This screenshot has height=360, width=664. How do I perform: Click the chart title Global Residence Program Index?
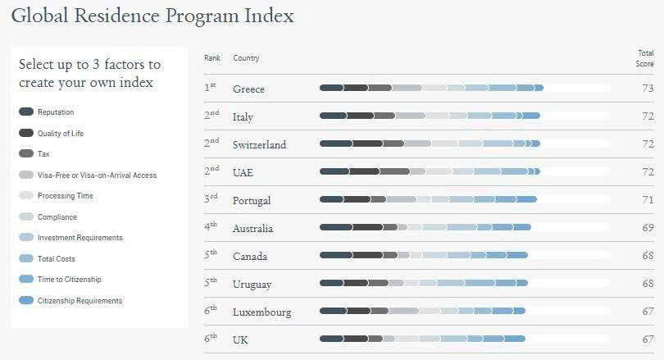click(x=152, y=16)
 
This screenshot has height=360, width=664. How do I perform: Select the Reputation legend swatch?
click(x=26, y=112)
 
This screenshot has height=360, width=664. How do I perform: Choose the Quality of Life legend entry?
click(x=60, y=133)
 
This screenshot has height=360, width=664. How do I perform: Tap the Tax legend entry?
click(x=44, y=153)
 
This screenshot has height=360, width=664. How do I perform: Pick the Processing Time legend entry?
click(x=65, y=196)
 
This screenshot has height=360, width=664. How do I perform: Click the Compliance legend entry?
click(x=57, y=217)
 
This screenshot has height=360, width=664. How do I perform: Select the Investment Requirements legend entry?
click(x=80, y=238)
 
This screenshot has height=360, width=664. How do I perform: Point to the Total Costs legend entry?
click(x=56, y=259)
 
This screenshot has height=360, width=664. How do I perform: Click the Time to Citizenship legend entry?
click(x=69, y=280)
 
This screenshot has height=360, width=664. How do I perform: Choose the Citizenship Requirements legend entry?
click(x=80, y=301)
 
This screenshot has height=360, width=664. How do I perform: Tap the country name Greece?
click(x=248, y=89)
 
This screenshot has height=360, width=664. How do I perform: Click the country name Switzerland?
click(x=259, y=145)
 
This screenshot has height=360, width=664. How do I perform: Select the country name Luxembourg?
click(x=262, y=312)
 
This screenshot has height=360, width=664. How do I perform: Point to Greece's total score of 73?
click(x=648, y=89)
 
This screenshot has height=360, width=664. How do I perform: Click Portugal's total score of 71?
click(x=648, y=200)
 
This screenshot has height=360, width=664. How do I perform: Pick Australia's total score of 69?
click(x=648, y=228)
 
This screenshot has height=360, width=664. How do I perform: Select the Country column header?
click(x=246, y=58)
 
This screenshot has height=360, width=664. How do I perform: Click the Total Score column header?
click(x=644, y=58)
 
